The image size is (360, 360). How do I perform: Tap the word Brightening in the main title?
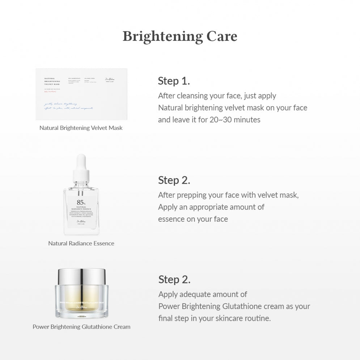click(x=162, y=37)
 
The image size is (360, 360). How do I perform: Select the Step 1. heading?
click(x=174, y=81)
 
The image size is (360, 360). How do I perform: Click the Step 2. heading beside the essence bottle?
click(x=174, y=180)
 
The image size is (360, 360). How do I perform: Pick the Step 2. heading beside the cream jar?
click(x=174, y=279)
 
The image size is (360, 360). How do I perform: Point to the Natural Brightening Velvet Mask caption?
click(x=81, y=128)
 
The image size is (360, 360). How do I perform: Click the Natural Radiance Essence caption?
click(x=81, y=243)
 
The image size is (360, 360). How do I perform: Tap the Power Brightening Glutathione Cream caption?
click(x=81, y=327)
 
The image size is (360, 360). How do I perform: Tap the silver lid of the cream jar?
click(x=81, y=276)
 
